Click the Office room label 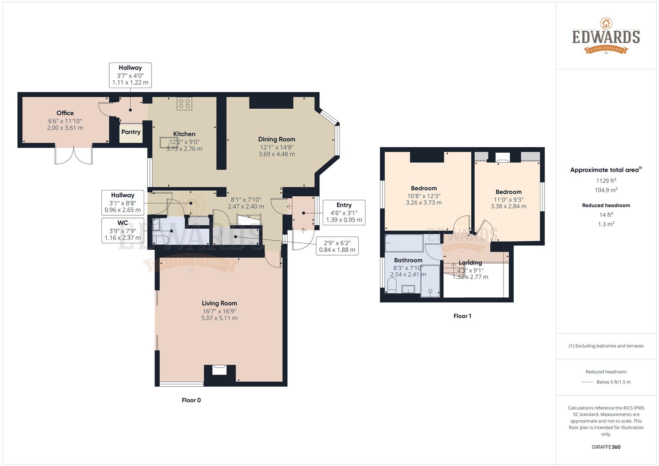[x=65, y=113]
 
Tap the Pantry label [x=131, y=132]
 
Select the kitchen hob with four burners [x=184, y=104]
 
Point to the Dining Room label [x=277, y=139]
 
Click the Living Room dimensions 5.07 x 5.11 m [x=219, y=318]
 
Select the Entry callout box [x=344, y=212]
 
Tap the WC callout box [x=123, y=230]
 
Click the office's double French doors [x=73, y=155]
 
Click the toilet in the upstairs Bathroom [x=392, y=285]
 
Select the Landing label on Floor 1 [x=470, y=263]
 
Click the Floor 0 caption [x=191, y=400]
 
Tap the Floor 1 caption [x=462, y=316]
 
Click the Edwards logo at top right [x=606, y=36]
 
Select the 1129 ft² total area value [x=606, y=180]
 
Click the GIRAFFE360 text [x=606, y=447]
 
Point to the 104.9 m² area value [x=606, y=190]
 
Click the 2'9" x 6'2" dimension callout [x=337, y=246]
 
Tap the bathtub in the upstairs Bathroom [x=404, y=243]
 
